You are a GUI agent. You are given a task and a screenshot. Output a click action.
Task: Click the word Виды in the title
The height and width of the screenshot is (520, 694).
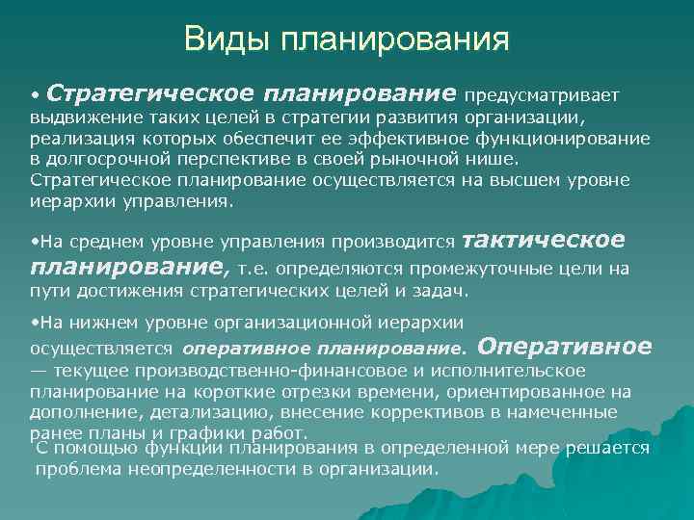[x=225, y=40]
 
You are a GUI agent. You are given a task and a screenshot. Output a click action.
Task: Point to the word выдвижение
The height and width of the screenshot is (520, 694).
[x=76, y=117]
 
